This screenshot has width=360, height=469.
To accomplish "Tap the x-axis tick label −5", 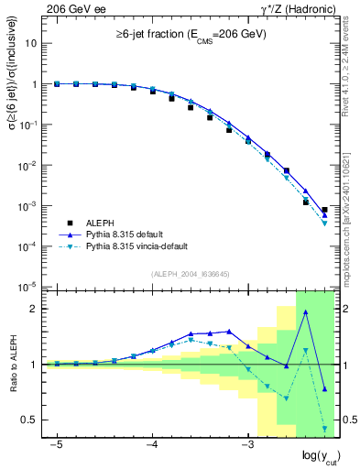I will coord(57,444).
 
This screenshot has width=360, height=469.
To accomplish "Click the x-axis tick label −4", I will coord(152,444).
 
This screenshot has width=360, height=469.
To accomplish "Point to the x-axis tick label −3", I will coord(246,444).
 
